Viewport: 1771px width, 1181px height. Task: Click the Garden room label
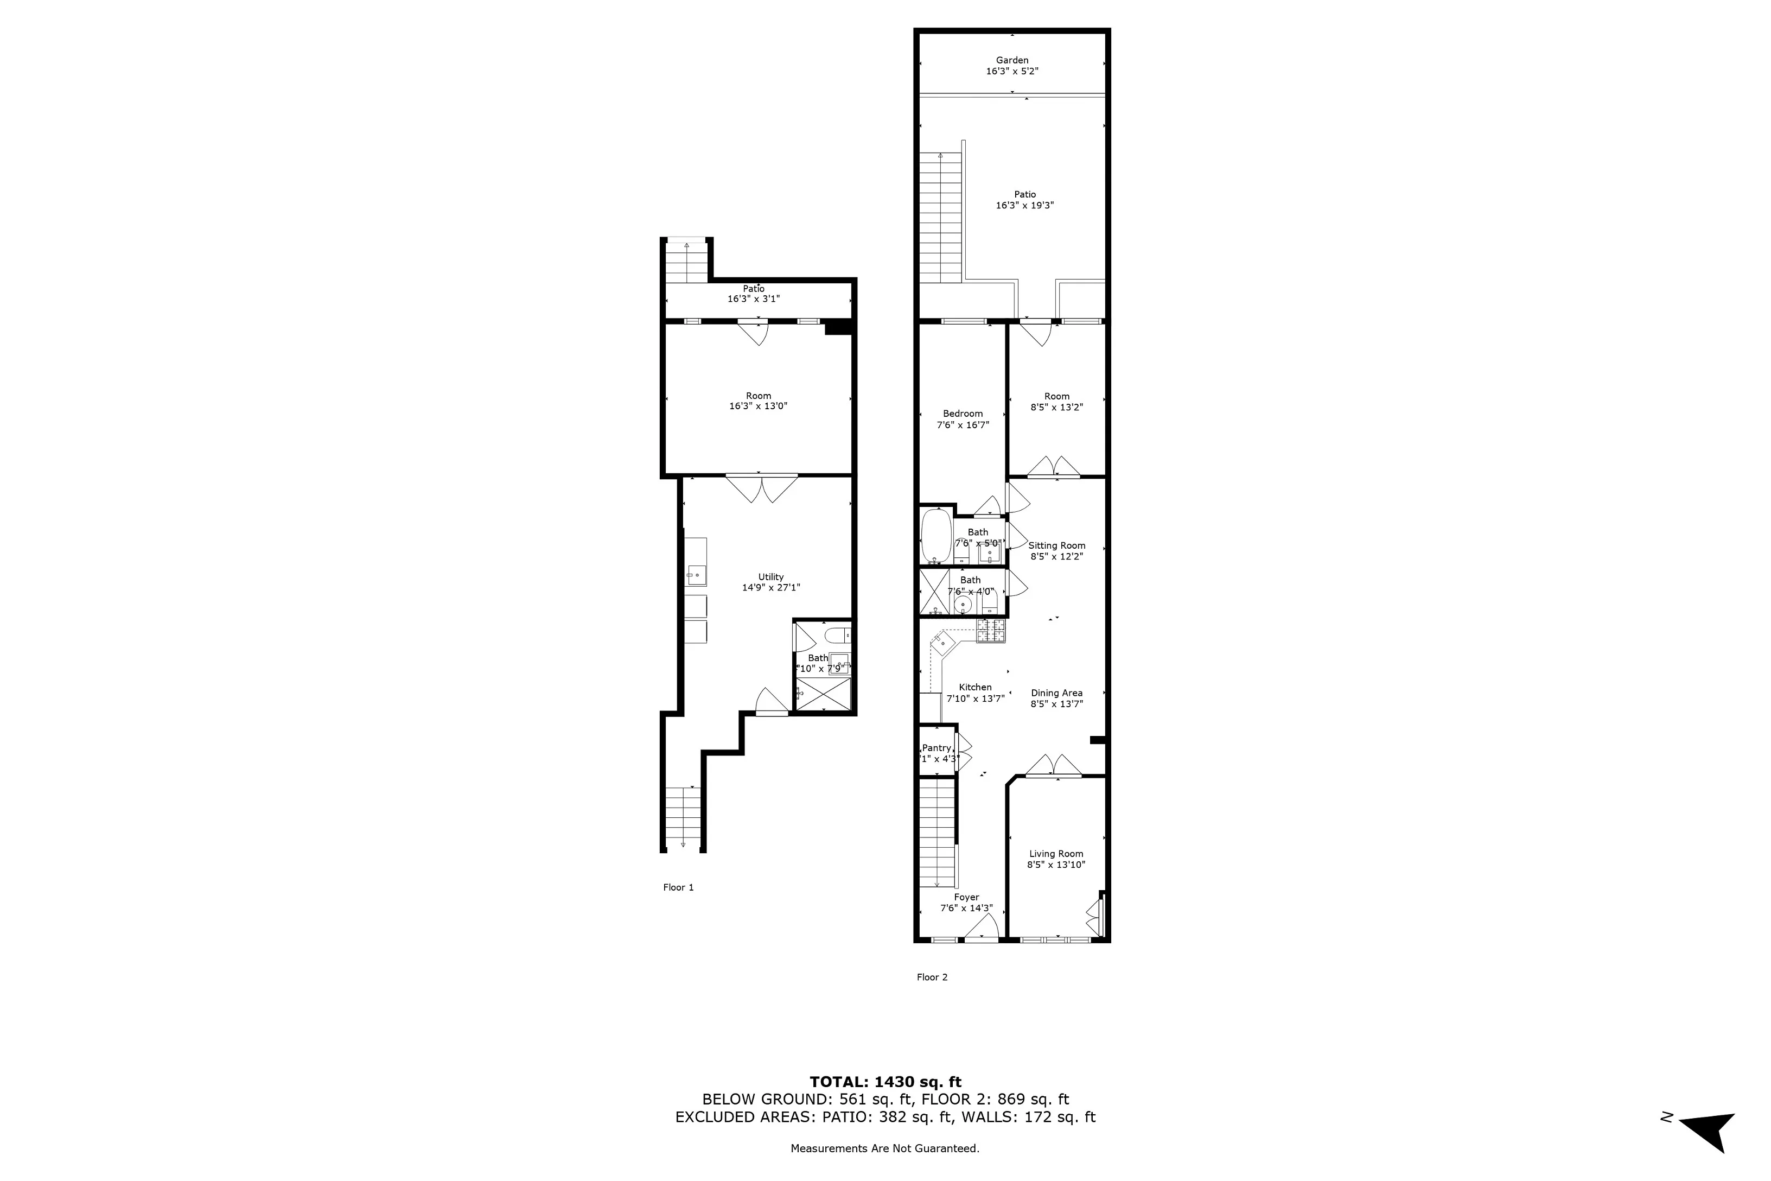1011,60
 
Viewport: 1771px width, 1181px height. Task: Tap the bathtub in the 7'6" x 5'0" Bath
936,536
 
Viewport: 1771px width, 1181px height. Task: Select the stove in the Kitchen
990,631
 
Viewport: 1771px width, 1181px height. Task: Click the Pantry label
936,748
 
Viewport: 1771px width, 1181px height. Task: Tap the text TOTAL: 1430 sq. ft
885,1082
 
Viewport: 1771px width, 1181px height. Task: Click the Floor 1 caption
678,887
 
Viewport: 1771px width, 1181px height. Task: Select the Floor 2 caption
932,977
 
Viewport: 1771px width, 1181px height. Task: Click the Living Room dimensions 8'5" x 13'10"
1056,865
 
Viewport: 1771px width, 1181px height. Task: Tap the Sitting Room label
1056,545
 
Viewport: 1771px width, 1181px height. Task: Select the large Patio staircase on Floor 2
940,218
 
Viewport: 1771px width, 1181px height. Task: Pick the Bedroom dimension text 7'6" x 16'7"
963,425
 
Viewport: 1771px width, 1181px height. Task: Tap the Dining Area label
1056,693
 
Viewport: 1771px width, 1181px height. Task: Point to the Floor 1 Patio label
753,289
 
